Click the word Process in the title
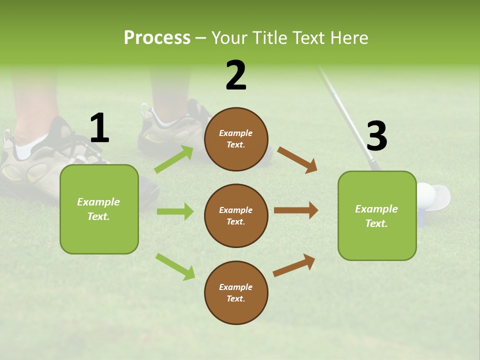[157, 38]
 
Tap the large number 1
[99, 128]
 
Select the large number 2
[236, 75]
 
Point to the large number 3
[377, 136]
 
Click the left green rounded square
[99, 209]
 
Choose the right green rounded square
[377, 215]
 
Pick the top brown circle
[236, 139]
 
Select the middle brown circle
[236, 215]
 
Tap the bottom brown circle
[236, 292]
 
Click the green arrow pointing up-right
[174, 159]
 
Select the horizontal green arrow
[174, 211]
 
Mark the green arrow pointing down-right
[175, 266]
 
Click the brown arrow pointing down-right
[297, 159]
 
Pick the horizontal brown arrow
[295, 210]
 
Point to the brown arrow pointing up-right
[294, 265]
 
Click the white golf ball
[425, 194]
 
